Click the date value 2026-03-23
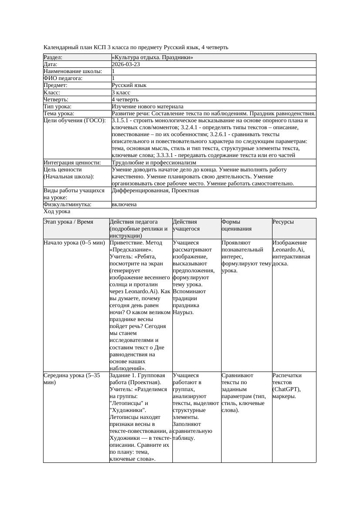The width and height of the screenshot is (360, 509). [x=126, y=64]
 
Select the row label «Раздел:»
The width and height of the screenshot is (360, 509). [x=53, y=57]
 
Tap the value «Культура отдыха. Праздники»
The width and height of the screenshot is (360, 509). [x=152, y=57]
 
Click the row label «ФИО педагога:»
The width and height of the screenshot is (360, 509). [x=63, y=78]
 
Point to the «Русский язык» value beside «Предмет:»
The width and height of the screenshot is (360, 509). [x=129, y=85]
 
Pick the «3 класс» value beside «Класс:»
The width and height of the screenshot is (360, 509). [x=121, y=92]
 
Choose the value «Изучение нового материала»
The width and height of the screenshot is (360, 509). [x=148, y=107]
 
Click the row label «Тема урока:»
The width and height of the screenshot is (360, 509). [x=59, y=114]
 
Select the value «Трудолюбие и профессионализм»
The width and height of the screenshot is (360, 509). [x=154, y=163]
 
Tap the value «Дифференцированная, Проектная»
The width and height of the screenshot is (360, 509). [x=155, y=191]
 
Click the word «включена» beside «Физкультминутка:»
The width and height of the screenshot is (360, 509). [x=124, y=204]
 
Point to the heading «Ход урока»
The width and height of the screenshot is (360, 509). [x=57, y=211]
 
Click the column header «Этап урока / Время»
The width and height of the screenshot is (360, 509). [x=68, y=222]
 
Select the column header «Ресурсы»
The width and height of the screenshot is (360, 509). [x=283, y=222]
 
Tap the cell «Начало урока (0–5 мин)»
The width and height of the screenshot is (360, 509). [x=71, y=243]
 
